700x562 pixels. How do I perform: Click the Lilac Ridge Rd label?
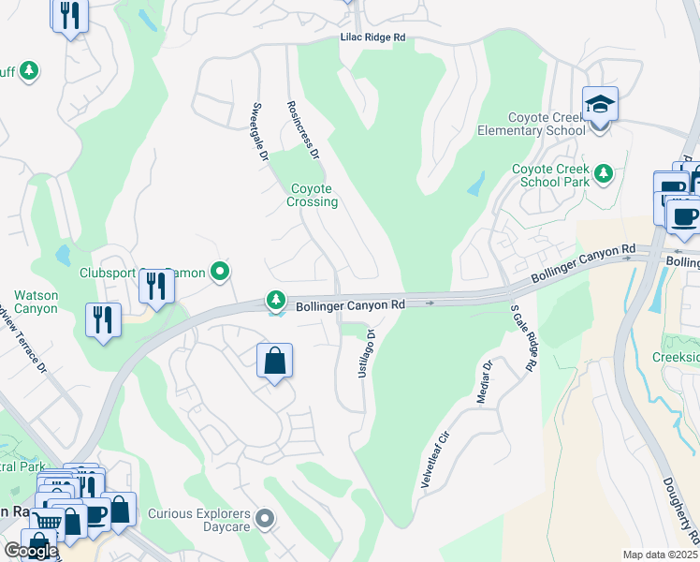click(x=372, y=37)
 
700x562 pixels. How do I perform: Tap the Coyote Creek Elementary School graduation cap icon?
click(x=600, y=103)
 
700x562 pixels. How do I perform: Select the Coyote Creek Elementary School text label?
click(x=547, y=125)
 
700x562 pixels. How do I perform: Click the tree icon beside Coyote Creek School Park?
click(x=604, y=173)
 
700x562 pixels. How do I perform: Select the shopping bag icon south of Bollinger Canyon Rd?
click(x=274, y=361)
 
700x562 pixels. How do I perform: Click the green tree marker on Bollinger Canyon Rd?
click(x=275, y=301)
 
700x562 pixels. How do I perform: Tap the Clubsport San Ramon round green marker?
click(x=220, y=273)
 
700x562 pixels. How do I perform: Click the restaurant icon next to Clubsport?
click(x=156, y=285)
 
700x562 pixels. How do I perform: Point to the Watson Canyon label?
click(x=36, y=302)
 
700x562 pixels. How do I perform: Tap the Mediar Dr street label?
click(x=485, y=382)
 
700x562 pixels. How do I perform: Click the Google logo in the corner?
click(x=30, y=551)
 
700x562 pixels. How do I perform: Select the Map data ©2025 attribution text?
click(x=660, y=555)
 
